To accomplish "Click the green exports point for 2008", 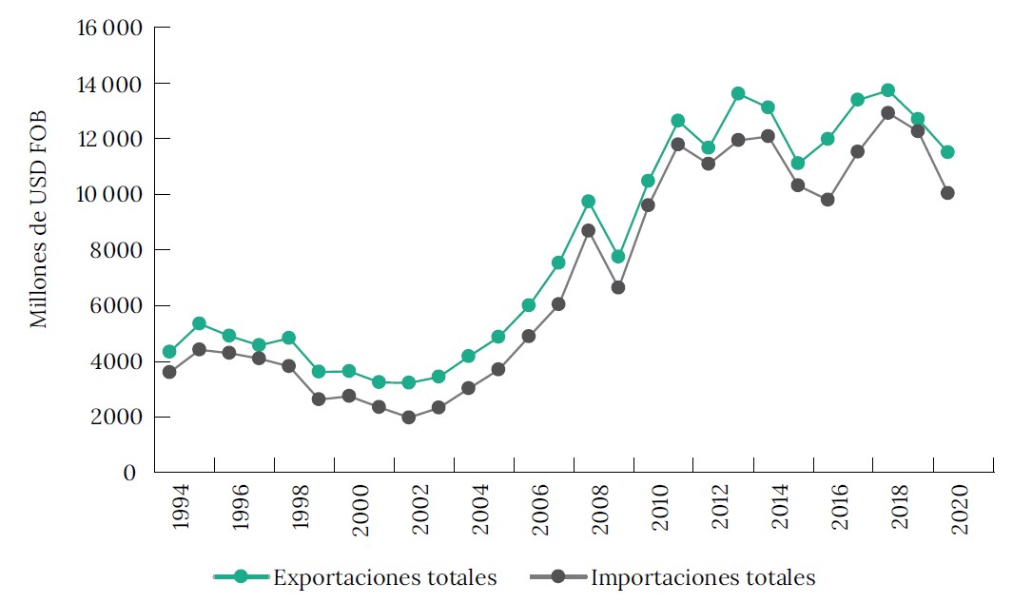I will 588,201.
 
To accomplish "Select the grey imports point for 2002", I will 409,417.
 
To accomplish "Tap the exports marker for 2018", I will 887,90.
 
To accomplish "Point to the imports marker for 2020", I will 947,193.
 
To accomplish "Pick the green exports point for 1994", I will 169,352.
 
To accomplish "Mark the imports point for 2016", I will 828,200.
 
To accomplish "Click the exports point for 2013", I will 738,93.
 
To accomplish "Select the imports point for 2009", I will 618,286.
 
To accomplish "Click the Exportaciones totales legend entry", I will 384,576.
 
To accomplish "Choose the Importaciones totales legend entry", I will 702,576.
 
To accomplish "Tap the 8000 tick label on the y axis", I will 117,250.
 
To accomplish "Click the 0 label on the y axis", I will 130,473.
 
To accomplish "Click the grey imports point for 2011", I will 678,145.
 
